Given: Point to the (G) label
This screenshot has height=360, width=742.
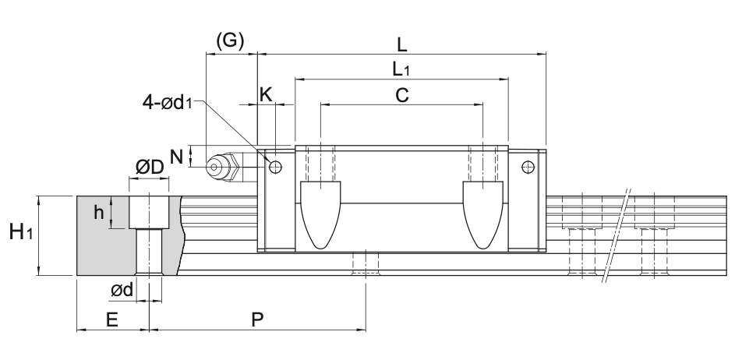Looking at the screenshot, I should click(x=230, y=41).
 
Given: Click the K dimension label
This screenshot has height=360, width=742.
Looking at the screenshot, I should click(x=266, y=94).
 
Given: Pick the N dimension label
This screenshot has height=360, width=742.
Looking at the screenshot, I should click(x=177, y=156).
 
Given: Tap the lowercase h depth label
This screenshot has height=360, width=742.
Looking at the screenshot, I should click(x=99, y=211).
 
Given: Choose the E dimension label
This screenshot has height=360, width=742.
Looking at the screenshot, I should click(x=111, y=319).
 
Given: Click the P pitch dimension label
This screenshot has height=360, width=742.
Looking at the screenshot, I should click(x=256, y=319).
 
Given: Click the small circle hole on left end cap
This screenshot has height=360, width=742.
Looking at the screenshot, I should click(x=275, y=166).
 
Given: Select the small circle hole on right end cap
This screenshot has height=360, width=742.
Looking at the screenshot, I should click(x=528, y=166).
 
